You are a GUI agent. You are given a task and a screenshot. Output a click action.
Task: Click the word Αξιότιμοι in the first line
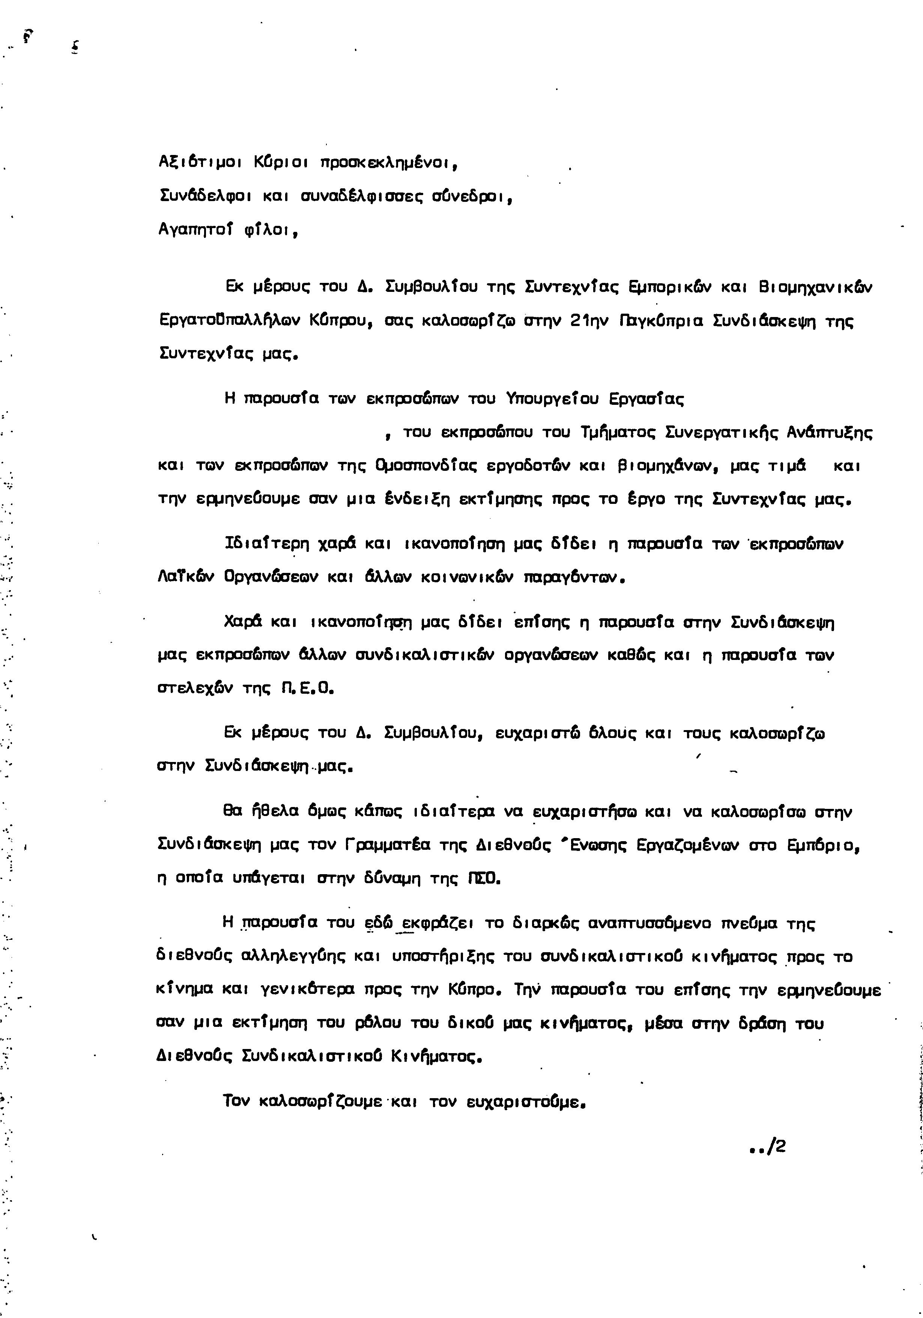(198, 163)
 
